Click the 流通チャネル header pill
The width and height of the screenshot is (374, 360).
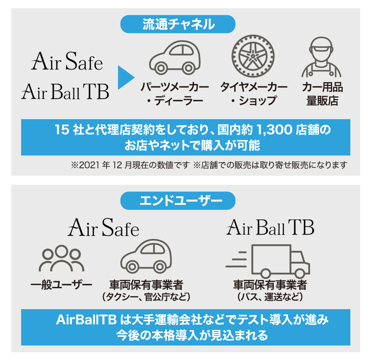coord(178,24)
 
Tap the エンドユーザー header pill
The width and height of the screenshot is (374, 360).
coord(178,200)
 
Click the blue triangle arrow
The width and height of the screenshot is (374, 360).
coord(126,77)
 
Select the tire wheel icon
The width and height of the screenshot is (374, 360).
coord(253,56)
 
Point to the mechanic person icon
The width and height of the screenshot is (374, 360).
coord(321,57)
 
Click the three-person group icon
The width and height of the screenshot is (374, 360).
coord(62,258)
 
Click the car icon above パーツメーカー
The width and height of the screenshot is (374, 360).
coord(175,57)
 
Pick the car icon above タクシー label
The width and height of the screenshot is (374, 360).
coord(146,256)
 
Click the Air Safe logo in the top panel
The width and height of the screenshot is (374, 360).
coord(67,61)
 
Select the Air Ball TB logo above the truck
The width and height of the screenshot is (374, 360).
coord(270,227)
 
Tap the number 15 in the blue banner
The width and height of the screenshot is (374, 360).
coord(62,130)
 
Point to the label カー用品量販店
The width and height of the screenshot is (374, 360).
coord(322,94)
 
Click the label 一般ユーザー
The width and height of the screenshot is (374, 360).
coord(61,285)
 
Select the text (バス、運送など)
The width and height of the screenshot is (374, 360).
coord(270,297)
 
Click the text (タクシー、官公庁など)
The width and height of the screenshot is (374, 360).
coord(146,297)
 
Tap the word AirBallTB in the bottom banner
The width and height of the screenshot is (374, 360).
coord(86,320)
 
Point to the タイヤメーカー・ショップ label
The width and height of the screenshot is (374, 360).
coord(254,94)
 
